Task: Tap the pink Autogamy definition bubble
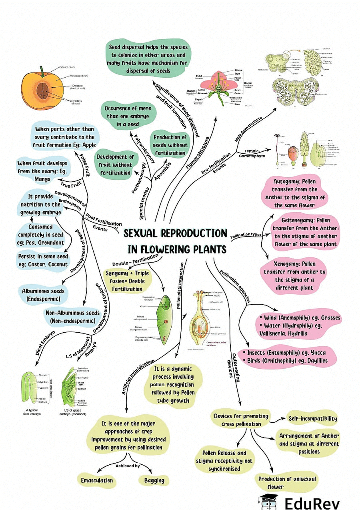(x=301, y=193)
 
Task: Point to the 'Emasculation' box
(x=97, y=480)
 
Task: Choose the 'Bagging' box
(x=152, y=480)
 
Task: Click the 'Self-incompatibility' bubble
(x=313, y=419)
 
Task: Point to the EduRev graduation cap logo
(x=268, y=502)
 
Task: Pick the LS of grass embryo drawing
(x=76, y=386)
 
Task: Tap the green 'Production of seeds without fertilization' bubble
(x=170, y=145)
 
